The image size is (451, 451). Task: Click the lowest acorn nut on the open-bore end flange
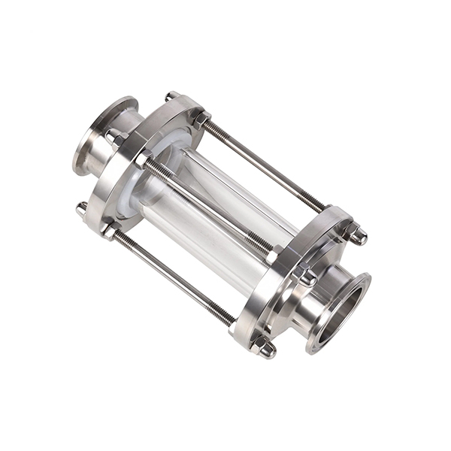[264, 347]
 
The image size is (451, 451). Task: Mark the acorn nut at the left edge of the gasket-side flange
[81, 208]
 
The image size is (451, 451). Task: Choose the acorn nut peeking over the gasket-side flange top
[172, 96]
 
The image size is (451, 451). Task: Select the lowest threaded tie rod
[173, 278]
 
